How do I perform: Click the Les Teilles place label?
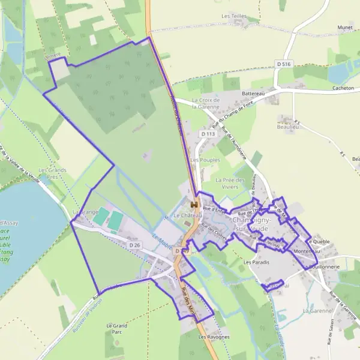235,16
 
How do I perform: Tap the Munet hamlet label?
344,28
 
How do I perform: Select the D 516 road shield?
284,63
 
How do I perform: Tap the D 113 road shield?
208,134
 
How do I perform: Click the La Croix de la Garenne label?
206,103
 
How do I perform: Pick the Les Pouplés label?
205,160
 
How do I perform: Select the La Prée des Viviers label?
230,183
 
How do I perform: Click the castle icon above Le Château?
194,205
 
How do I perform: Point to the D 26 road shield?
134,245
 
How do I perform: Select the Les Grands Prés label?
52,173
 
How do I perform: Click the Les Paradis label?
256,262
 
